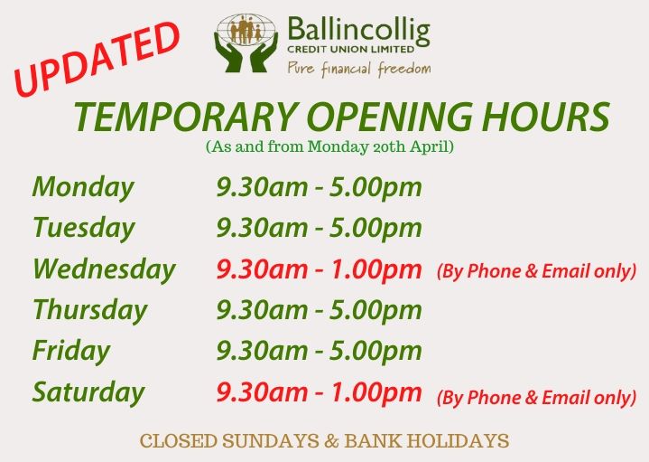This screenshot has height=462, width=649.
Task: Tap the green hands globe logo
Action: click(x=246, y=42)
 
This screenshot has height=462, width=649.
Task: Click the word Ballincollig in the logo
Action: click(x=359, y=31)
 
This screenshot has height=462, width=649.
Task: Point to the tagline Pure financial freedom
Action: click(x=359, y=69)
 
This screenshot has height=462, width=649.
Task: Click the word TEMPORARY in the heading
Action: click(x=186, y=117)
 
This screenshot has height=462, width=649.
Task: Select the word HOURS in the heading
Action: click(x=545, y=117)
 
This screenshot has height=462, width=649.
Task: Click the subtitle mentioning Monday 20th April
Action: click(x=329, y=146)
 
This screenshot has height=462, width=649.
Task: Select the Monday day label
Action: click(x=83, y=187)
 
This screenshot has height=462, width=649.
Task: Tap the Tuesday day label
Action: click(x=84, y=228)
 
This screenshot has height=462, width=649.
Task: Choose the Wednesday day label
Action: click(x=105, y=269)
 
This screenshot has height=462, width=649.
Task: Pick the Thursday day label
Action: click(x=90, y=310)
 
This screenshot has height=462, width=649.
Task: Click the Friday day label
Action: click(x=71, y=351)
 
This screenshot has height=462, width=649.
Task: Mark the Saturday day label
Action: click(x=88, y=391)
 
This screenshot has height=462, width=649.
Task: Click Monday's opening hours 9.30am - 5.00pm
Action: click(x=320, y=187)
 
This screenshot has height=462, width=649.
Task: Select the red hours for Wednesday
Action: click(x=320, y=269)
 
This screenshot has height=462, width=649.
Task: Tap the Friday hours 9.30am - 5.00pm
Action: click(x=320, y=351)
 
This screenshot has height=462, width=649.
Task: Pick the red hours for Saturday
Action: click(x=320, y=391)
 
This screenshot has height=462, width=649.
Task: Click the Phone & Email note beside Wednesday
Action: click(x=536, y=271)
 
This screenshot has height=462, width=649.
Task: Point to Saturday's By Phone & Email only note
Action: click(x=536, y=398)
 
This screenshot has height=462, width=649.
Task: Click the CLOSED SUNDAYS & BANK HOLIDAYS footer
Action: click(x=325, y=441)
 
